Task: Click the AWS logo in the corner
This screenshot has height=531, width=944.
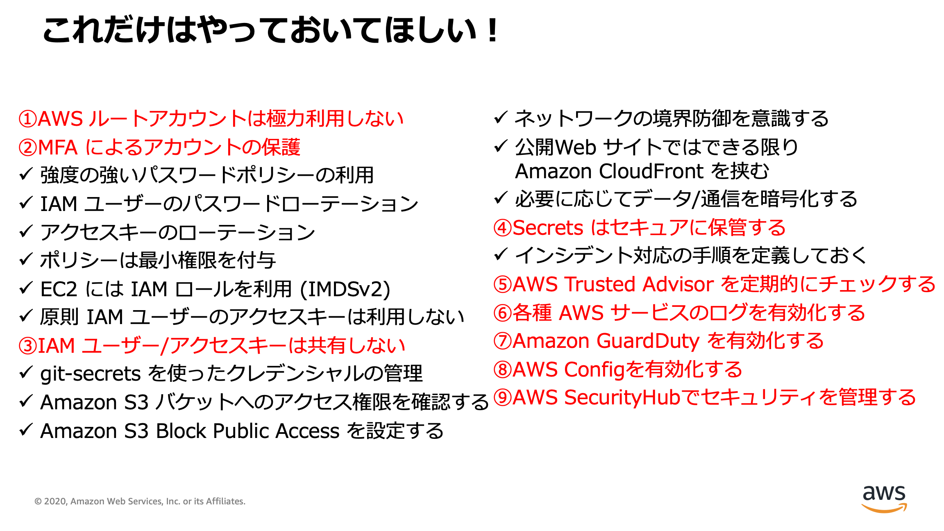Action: pos(884,498)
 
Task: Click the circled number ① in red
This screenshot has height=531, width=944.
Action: pos(28,119)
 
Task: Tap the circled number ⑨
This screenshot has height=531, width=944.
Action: pos(502,397)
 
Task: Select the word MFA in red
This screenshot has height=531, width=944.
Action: pos(58,147)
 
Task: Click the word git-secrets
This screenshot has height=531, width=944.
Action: pos(91,374)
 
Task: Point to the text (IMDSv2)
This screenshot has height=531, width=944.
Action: pos(345,289)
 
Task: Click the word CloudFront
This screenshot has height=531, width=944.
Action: pos(651,171)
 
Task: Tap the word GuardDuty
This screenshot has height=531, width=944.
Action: pos(648,341)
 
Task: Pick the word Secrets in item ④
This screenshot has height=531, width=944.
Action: pos(548,228)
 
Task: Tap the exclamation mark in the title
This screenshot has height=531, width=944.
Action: pos(493,30)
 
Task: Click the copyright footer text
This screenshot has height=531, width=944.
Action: pos(140,501)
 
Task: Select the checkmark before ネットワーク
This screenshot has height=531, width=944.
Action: pos(501,118)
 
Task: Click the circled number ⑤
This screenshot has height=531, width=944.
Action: pos(502,284)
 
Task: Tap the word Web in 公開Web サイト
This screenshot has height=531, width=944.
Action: pos(575,147)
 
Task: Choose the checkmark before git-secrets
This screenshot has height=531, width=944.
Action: pos(26,372)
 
